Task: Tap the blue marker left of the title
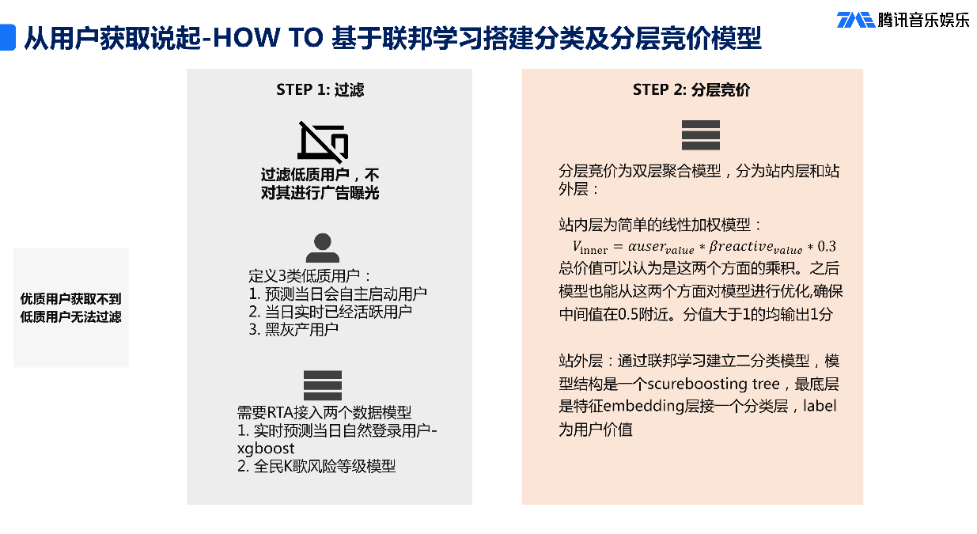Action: click(7, 37)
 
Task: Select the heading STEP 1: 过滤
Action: click(320, 89)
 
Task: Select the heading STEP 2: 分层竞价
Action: click(691, 89)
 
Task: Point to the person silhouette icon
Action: click(322, 248)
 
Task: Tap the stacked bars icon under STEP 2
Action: click(700, 135)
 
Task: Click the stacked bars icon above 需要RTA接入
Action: click(322, 385)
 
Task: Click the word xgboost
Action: click(266, 449)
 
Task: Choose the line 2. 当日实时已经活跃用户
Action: click(330, 311)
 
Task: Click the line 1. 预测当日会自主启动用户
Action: click(337, 294)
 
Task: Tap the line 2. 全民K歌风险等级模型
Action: click(316, 466)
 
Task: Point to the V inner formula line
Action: click(692, 247)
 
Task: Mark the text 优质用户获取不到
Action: click(71, 299)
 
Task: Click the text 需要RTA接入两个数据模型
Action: click(324, 412)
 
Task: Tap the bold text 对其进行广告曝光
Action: click(320, 192)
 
